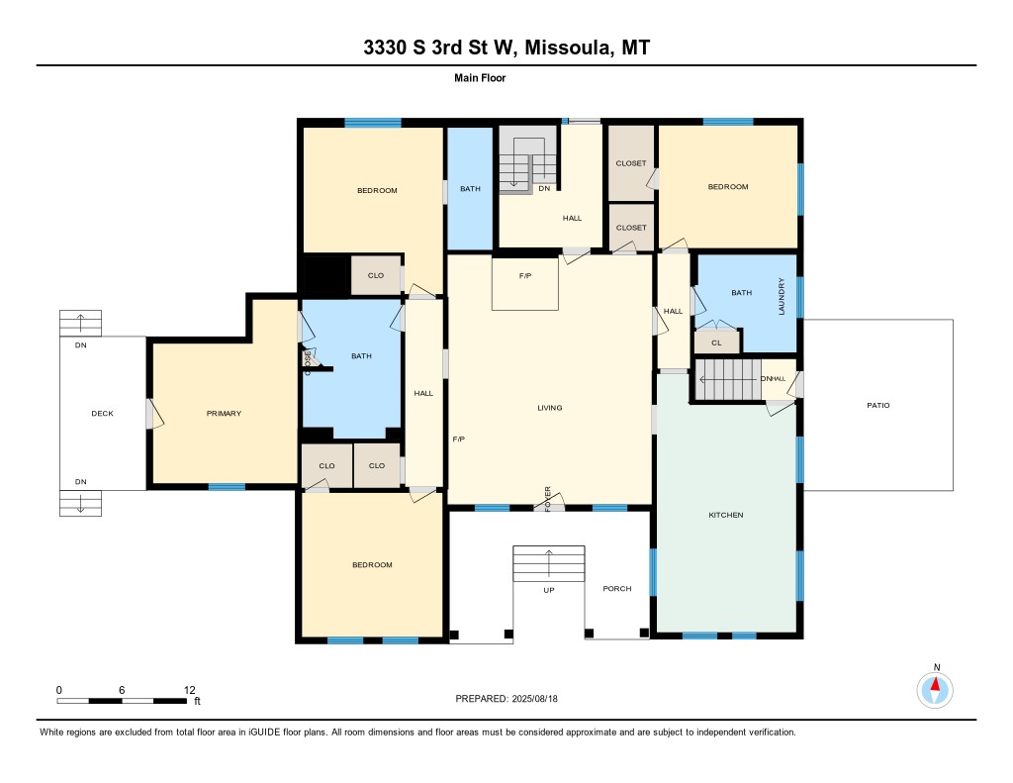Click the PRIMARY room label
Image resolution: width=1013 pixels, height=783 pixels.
pyautogui.click(x=224, y=413)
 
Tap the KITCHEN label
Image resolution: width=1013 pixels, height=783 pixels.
pyautogui.click(x=725, y=515)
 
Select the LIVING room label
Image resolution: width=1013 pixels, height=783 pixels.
pyautogui.click(x=550, y=408)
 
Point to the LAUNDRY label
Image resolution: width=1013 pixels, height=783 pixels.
pyautogui.click(x=782, y=296)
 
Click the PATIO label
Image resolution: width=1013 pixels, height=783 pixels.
pyautogui.click(x=878, y=405)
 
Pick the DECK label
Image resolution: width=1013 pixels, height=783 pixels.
pyautogui.click(x=102, y=413)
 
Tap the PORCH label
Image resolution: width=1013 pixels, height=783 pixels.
pyautogui.click(x=617, y=588)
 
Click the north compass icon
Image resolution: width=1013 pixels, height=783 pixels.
pyautogui.click(x=935, y=690)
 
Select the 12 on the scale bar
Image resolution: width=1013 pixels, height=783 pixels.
pyautogui.click(x=189, y=690)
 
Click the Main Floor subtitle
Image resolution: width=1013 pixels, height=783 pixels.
pyautogui.click(x=480, y=77)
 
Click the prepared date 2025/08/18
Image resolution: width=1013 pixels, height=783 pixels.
pyautogui.click(x=534, y=698)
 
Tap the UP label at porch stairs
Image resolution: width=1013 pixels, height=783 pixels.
pyautogui.click(x=548, y=590)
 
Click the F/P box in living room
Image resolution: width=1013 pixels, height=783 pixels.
pyautogui.click(x=524, y=283)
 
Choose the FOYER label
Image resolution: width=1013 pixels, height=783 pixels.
pyautogui.click(x=548, y=499)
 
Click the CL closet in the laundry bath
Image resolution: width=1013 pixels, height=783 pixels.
pyautogui.click(x=716, y=342)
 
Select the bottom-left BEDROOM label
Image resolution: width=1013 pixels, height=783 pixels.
pyautogui.click(x=372, y=564)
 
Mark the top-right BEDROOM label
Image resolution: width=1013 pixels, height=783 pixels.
pyautogui.click(x=728, y=186)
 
